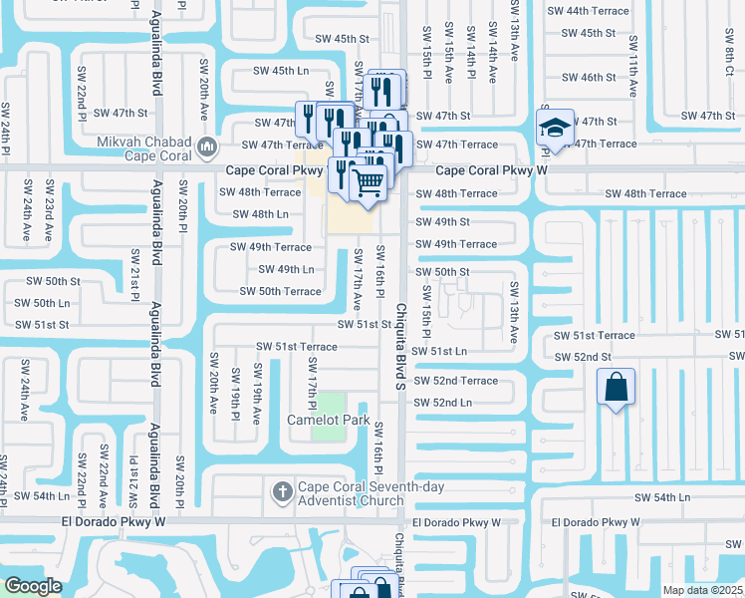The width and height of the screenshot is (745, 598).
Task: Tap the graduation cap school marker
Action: [x=555, y=127]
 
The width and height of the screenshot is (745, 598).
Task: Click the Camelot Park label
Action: [x=329, y=420]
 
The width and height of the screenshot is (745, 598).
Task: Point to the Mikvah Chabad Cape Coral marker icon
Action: [x=207, y=148]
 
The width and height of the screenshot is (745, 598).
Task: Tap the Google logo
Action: [x=33, y=586]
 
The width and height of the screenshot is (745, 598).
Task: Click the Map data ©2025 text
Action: [x=702, y=590]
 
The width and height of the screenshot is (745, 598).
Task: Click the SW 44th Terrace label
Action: [x=595, y=11]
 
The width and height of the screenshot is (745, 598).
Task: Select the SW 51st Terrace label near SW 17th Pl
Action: [x=296, y=346]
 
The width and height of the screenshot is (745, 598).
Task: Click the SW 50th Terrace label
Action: [x=280, y=291]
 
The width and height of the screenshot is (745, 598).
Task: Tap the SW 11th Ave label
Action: [x=632, y=69]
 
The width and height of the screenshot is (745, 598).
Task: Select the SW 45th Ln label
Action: [x=282, y=71]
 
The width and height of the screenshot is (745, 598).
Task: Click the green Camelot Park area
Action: [x=329, y=431]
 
